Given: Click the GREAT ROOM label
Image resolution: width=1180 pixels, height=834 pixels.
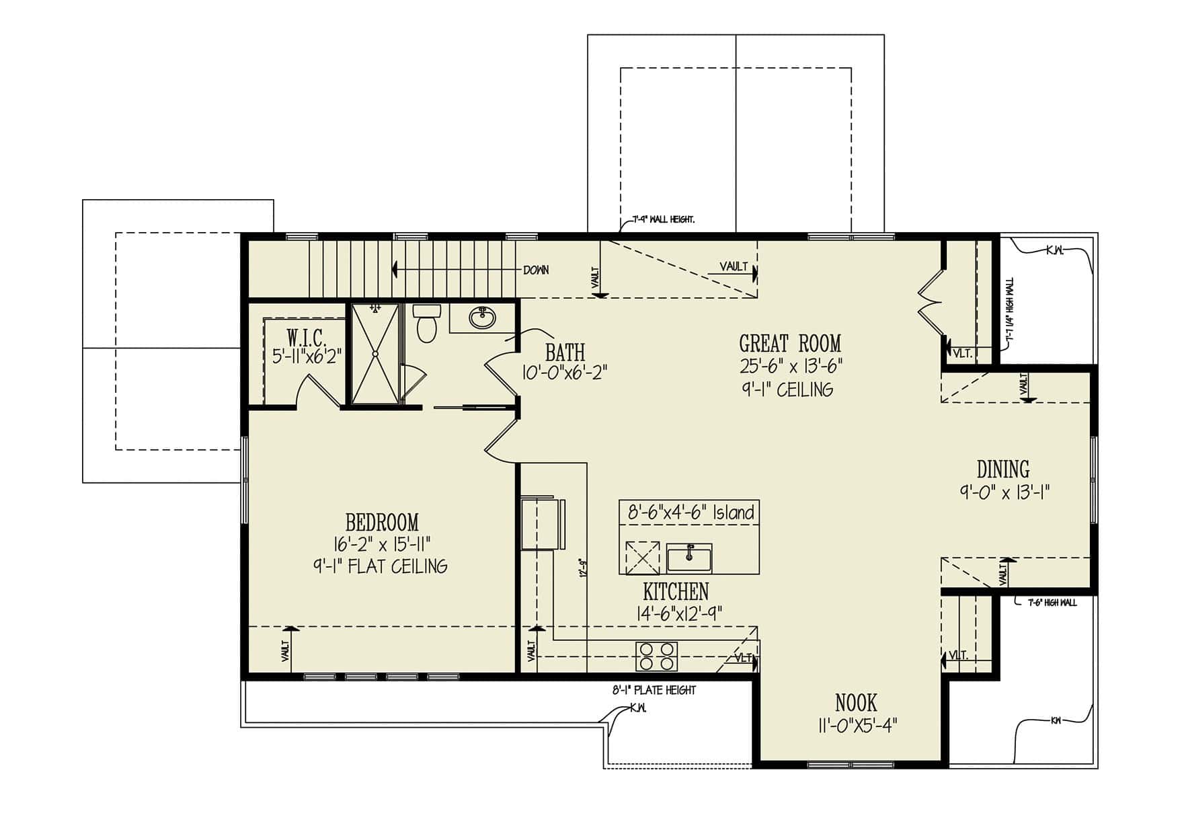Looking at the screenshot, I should (790, 344).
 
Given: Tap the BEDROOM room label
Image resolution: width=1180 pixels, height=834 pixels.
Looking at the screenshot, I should (382, 522).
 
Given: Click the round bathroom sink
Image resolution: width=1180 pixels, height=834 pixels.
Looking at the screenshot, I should (482, 317).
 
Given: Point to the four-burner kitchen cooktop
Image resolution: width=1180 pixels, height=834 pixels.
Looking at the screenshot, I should (657, 656).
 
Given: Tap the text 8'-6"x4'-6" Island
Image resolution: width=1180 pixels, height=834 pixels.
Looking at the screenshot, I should (691, 513).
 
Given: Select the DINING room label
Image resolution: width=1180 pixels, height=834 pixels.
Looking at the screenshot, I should (1003, 469).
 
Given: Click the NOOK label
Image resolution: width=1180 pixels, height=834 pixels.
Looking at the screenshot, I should (856, 703).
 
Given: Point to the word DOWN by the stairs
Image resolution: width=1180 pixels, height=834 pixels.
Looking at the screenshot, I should (536, 270).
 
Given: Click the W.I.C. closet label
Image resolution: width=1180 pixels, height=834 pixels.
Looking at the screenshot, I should (307, 336).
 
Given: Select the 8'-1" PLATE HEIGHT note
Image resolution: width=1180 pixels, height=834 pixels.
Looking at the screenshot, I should (654, 690).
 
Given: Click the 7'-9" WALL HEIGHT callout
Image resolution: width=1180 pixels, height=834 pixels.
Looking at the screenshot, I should (664, 219).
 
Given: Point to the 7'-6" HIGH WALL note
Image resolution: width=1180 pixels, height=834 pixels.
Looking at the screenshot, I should (1052, 603).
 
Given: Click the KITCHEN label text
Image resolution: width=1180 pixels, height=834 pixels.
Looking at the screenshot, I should (676, 592).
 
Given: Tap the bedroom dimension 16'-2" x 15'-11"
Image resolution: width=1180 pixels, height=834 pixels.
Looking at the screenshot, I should (381, 543).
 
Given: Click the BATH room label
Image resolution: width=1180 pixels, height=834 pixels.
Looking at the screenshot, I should (565, 352).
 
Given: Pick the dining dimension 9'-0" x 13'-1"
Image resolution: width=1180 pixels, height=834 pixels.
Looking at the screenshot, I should (1005, 492).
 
